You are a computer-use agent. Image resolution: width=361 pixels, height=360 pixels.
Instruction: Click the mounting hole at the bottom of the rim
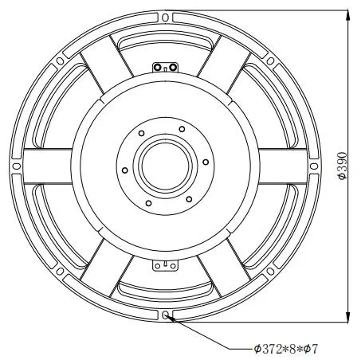point(166,316)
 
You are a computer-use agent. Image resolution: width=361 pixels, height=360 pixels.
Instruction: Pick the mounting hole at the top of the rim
point(166,16)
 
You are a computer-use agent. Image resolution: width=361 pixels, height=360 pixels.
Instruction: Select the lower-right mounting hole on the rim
point(272,272)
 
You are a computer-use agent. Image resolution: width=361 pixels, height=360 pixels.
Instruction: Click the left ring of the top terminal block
point(159,66)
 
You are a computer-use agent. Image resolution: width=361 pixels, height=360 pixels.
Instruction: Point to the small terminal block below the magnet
point(166,265)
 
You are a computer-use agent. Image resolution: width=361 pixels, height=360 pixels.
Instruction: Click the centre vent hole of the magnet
point(165,166)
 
